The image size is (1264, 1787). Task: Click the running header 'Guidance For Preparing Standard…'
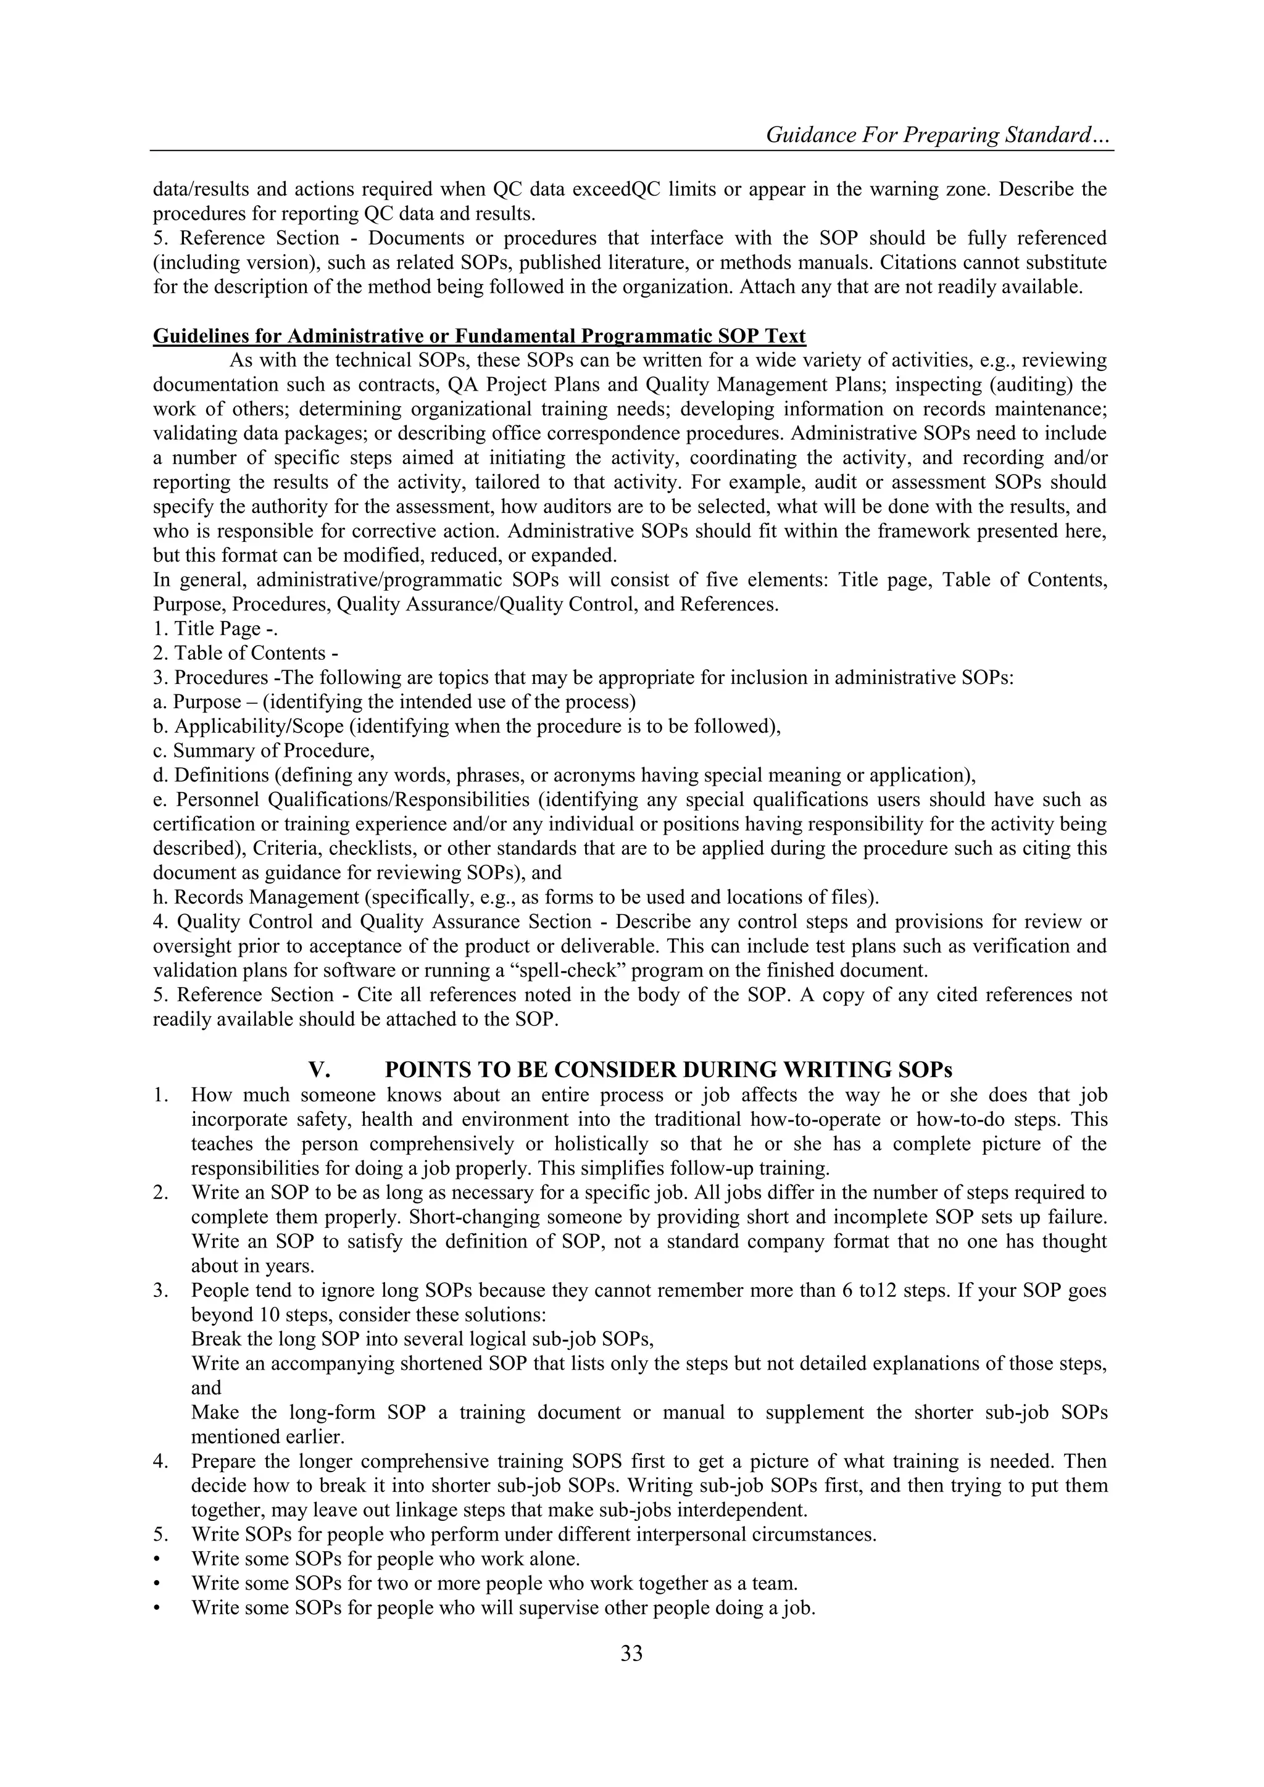click(x=939, y=135)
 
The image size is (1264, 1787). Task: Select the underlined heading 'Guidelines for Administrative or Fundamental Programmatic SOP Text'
click(x=479, y=336)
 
